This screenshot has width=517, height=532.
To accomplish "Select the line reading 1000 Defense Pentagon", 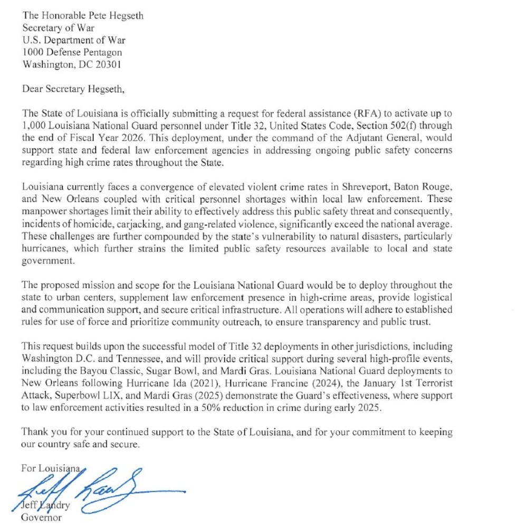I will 72,52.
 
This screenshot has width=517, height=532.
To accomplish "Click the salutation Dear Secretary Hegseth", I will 73,89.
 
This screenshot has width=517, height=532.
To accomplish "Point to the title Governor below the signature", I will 41,517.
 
